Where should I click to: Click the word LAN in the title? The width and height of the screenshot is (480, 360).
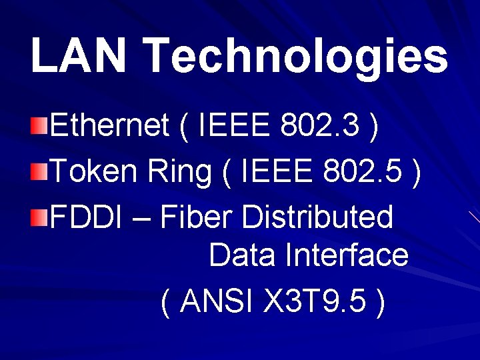click(78, 55)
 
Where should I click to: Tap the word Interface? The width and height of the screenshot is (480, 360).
click(347, 255)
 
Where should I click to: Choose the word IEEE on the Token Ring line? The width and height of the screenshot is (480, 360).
click(277, 172)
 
